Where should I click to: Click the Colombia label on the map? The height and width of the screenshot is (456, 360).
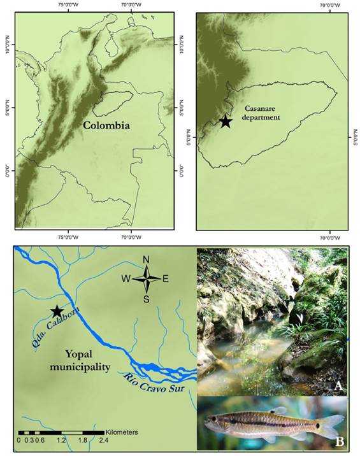pyautogui.click(x=106, y=125)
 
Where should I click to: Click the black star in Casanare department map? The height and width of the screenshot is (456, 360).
pyautogui.click(x=226, y=122)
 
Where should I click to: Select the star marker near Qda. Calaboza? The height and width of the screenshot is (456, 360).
pyautogui.click(x=57, y=311)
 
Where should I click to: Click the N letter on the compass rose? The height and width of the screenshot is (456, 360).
pyautogui.click(x=146, y=259)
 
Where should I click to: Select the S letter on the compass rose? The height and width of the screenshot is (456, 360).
pyautogui.click(x=146, y=299)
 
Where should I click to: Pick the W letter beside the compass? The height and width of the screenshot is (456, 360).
pyautogui.click(x=126, y=278)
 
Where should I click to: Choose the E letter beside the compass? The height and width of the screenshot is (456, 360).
pyautogui.click(x=166, y=278)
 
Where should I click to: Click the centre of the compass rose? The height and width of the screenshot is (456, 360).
pyautogui.click(x=146, y=278)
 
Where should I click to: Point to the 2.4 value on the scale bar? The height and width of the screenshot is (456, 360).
pyautogui.click(x=103, y=440)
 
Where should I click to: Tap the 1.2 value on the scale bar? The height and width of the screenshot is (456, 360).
pyautogui.click(x=61, y=440)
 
